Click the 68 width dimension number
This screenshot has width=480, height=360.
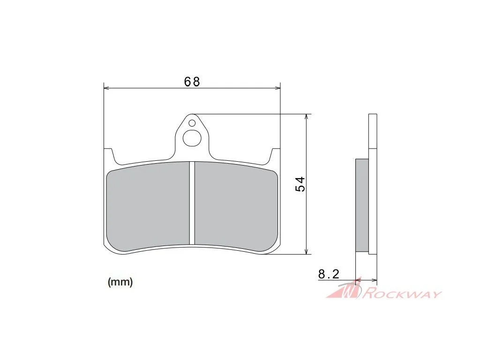coord(192,82)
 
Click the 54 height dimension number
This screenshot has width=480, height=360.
coord(300,184)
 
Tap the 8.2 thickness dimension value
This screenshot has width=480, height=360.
coord(329,274)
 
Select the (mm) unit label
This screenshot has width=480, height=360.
coord(120,282)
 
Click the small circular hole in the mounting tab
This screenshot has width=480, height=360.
coord(192,123)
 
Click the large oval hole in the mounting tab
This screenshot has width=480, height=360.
coord(192,138)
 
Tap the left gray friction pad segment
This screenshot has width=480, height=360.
coord(148,207)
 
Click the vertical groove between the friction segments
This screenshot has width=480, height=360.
coord(192,203)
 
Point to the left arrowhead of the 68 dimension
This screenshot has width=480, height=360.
coord(106,88)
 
